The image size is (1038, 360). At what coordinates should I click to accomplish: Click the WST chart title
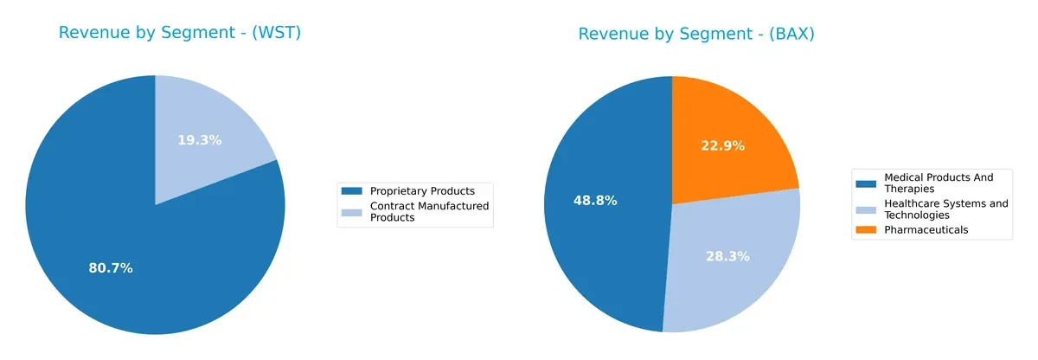point(179,34)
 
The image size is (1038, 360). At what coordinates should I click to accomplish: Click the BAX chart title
point(696,35)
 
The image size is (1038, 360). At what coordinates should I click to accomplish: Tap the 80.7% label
point(111,268)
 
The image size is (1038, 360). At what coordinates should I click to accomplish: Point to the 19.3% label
point(200,140)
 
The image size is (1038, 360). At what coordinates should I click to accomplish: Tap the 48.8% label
point(595,201)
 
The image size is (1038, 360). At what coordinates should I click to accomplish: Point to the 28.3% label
point(727,256)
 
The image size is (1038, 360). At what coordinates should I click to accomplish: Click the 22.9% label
point(722,146)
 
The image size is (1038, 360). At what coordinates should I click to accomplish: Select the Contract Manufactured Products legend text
point(429,212)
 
